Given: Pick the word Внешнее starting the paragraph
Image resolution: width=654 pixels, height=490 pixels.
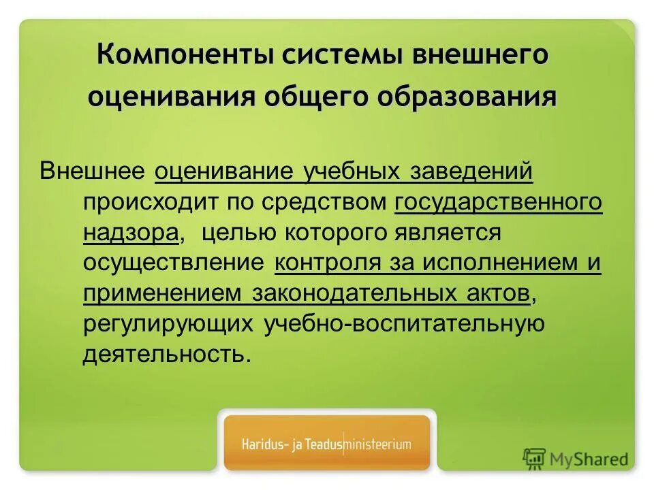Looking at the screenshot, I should click(x=93, y=170).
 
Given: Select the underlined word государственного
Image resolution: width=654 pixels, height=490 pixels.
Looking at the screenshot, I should click(x=498, y=201).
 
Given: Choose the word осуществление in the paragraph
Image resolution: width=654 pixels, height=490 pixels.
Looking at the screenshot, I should click(x=174, y=263).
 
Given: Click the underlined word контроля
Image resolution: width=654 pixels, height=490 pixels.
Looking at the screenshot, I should click(x=326, y=263).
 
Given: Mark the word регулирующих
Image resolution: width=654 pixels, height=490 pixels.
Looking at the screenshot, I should click(x=169, y=324).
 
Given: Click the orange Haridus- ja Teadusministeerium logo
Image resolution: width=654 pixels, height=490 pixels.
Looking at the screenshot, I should click(x=327, y=444).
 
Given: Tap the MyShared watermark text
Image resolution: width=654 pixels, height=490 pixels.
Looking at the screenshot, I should click(x=589, y=459).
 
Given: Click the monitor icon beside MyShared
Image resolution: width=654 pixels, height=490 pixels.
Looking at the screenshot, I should click(x=535, y=459).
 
